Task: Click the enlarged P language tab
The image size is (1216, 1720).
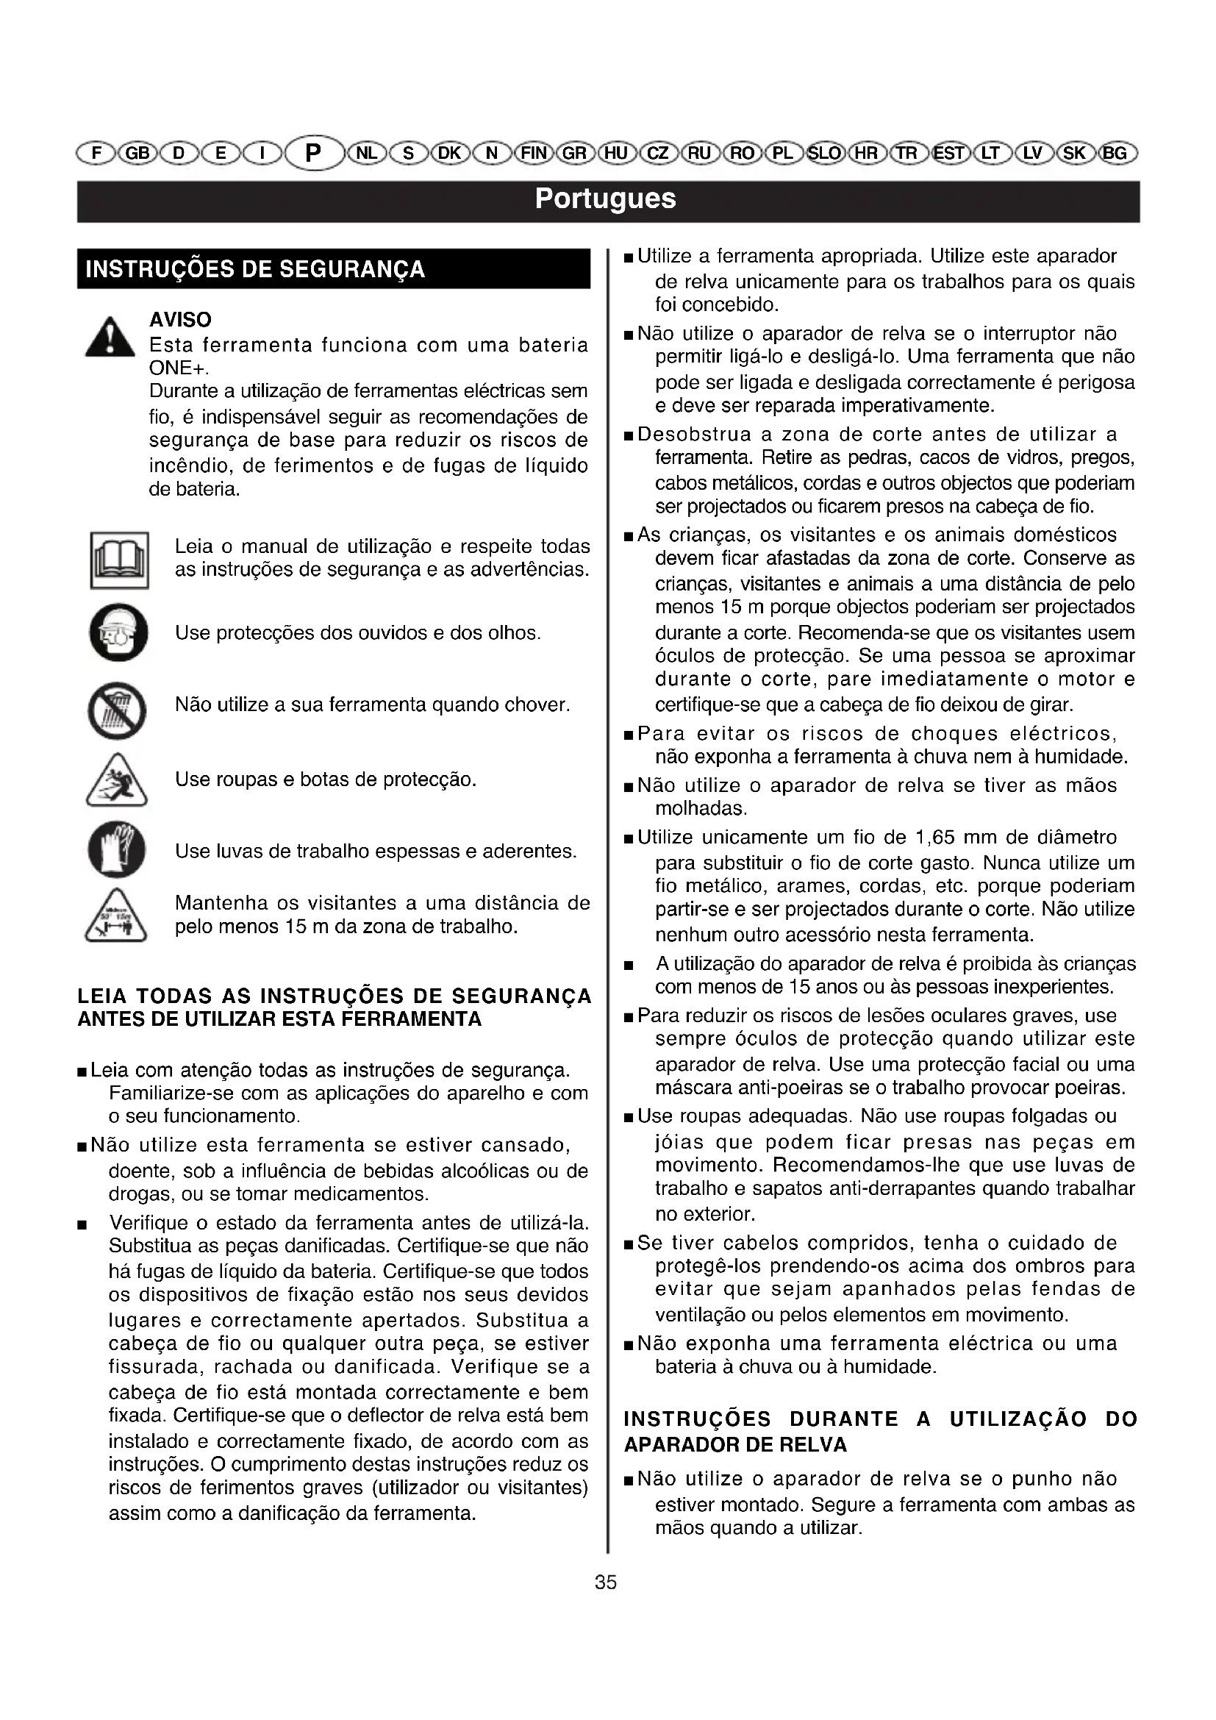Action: click(313, 154)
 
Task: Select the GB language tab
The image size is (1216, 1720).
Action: click(136, 154)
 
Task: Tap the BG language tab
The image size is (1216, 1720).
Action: click(1115, 154)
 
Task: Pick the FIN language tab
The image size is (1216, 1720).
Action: click(534, 154)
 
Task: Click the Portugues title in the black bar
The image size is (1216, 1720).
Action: click(605, 199)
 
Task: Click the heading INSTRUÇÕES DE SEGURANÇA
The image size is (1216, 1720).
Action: click(255, 270)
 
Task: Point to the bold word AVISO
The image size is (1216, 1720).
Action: click(180, 320)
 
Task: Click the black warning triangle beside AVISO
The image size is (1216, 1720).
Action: click(110, 338)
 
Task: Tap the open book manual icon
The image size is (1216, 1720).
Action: click(119, 560)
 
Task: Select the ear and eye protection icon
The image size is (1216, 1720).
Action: click(118, 633)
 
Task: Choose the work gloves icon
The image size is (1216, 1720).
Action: click(117, 849)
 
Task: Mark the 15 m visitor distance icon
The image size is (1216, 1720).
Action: click(116, 916)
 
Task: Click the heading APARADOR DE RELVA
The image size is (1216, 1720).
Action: click(735, 1445)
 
